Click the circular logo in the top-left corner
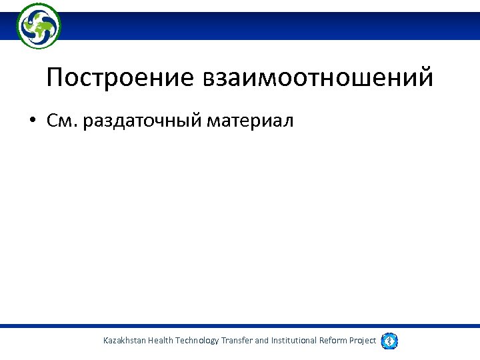click(39, 26)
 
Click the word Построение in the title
click(117, 78)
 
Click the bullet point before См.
click(32, 121)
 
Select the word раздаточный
click(143, 121)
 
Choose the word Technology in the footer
click(197, 341)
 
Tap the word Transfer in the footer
click(237, 341)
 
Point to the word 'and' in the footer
click(262, 341)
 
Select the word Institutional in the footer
click(295, 341)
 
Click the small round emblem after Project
click(390, 341)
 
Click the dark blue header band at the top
click(267, 26)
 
